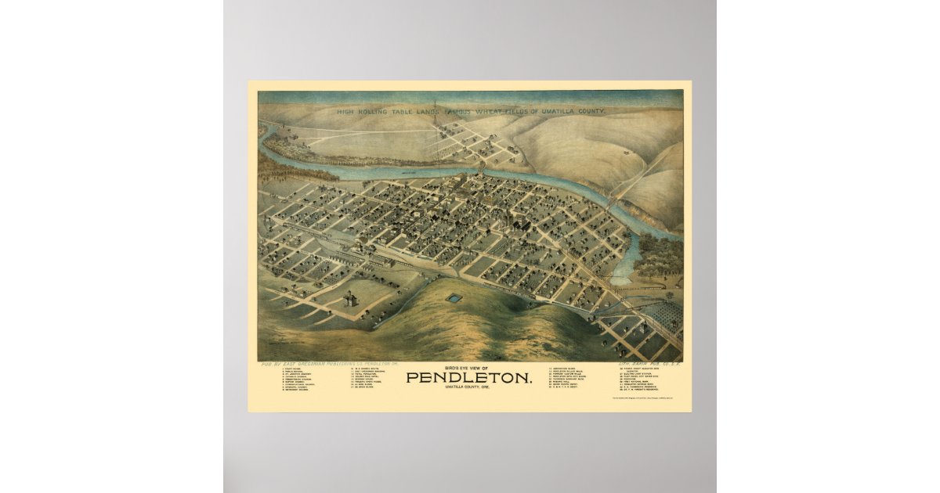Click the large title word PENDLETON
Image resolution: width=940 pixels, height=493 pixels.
pyautogui.click(x=470, y=378)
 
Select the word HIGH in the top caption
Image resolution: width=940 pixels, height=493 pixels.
pyautogui.click(x=345, y=112)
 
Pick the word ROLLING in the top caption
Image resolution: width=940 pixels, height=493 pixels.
pyautogui.click(x=372, y=112)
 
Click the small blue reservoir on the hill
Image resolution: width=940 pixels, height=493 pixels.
pyautogui.click(x=454, y=299)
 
